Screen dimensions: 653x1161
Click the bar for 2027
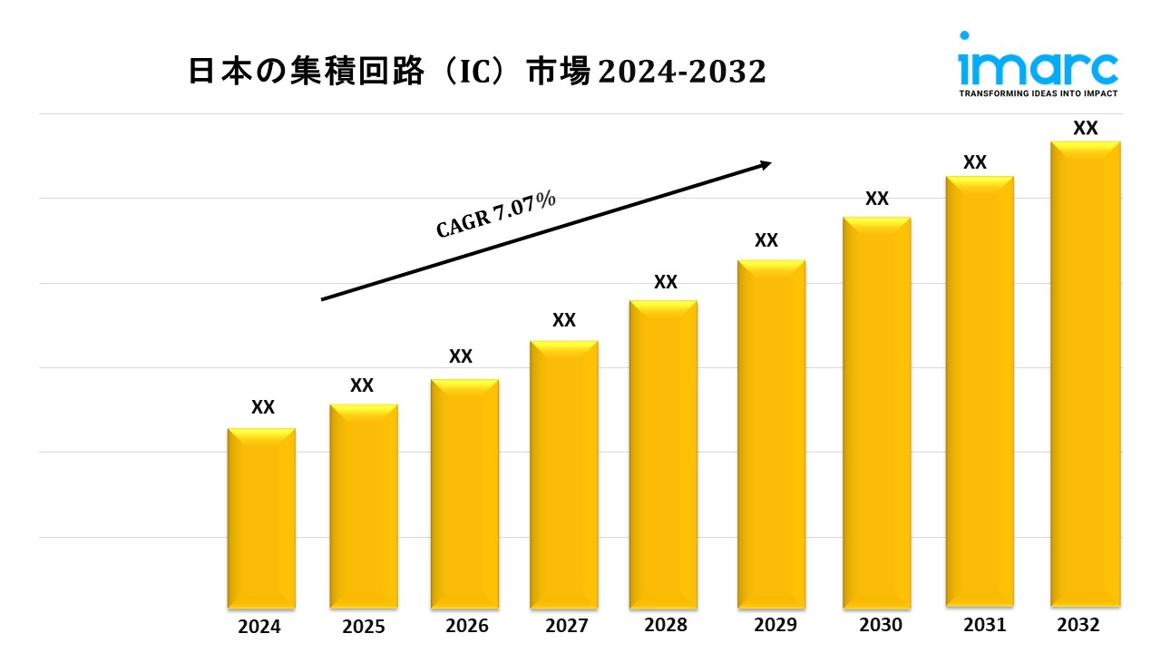point(564,475)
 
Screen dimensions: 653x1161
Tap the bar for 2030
point(876,413)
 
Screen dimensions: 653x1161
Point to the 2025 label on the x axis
point(364,627)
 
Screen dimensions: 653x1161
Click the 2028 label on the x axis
point(666,625)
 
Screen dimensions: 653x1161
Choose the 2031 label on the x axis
point(984,625)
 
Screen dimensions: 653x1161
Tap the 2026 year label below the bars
point(467,627)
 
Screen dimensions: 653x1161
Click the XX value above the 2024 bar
point(263,407)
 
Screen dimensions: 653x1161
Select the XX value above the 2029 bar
point(766,240)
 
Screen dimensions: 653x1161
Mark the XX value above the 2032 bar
point(1086,129)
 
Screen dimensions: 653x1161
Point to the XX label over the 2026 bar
point(461,356)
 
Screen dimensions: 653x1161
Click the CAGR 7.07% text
point(496,215)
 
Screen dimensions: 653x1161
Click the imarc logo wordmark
point(1039,67)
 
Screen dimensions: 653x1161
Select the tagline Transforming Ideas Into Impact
point(1039,93)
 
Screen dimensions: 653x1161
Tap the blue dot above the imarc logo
point(965,36)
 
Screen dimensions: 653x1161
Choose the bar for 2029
point(771,434)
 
